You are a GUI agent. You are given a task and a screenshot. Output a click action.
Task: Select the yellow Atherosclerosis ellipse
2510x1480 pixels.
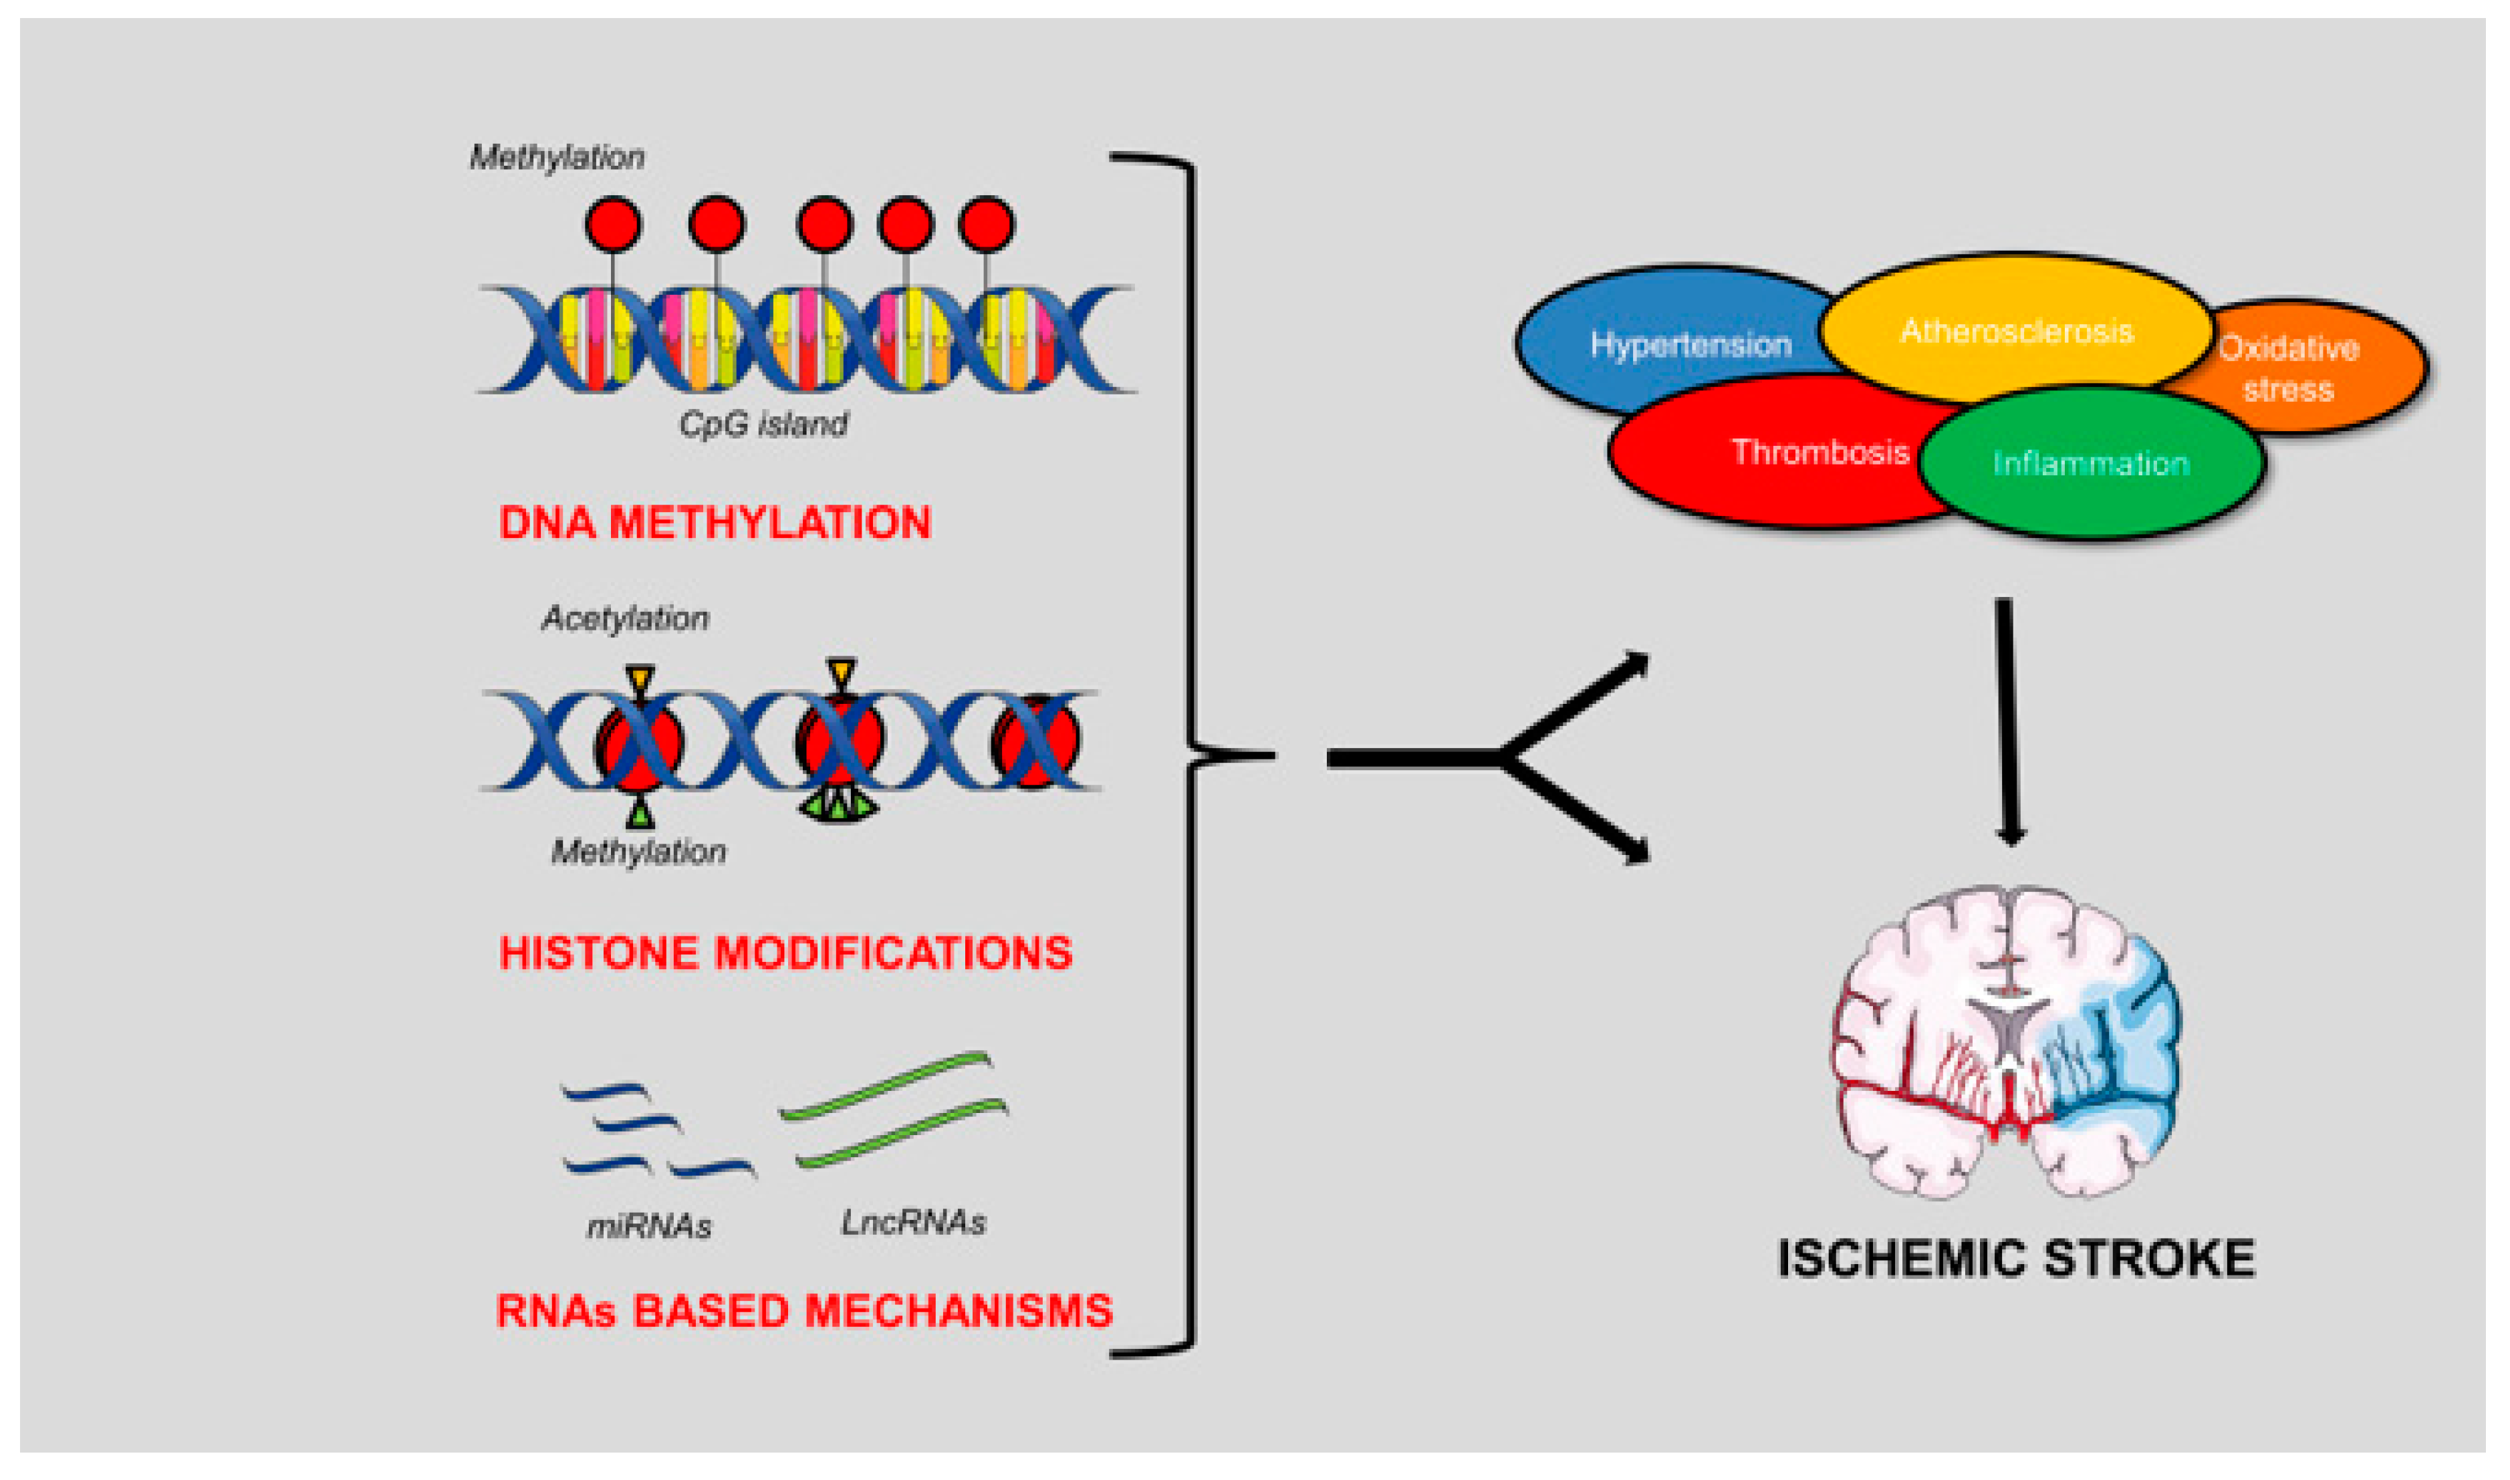click(x=2015, y=329)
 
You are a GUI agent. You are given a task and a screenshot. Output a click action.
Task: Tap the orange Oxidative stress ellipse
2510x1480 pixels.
click(x=2324, y=367)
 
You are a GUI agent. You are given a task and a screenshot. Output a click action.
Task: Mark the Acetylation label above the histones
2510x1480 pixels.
click(x=625, y=619)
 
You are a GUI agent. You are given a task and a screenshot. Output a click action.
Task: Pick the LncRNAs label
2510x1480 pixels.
click(x=912, y=1223)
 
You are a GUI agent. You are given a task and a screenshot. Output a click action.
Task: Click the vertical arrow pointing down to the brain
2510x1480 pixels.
click(x=2007, y=718)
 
